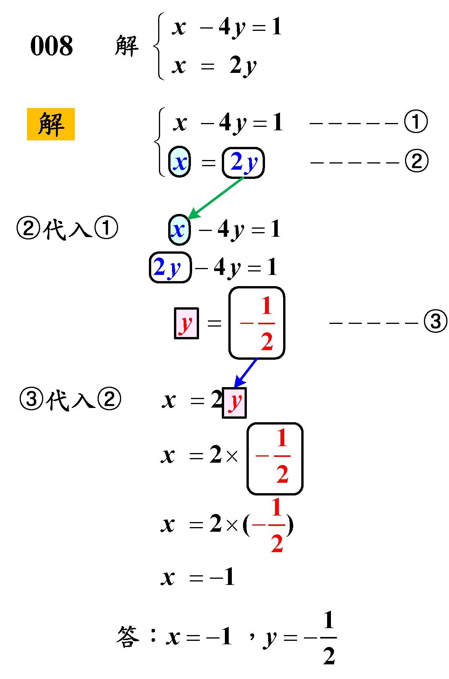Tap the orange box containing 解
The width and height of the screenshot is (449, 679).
pos(51,124)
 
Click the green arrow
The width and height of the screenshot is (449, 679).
pos(216,197)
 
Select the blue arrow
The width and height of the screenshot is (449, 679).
pos(245,372)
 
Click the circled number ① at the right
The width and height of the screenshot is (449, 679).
pos(416,122)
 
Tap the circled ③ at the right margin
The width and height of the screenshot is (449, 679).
pos(435,321)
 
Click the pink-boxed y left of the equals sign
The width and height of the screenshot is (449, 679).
pos(186,323)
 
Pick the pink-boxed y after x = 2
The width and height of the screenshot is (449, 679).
pos(234,403)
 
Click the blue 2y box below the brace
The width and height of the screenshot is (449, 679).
pos(243,162)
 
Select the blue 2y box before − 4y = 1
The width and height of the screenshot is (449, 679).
pos(170,267)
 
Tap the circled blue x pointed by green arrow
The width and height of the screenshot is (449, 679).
pos(179,230)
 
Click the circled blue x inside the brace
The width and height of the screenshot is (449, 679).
pos(180,162)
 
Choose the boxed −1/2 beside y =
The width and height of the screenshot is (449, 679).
pos(257,323)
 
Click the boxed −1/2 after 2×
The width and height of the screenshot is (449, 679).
pos(275,458)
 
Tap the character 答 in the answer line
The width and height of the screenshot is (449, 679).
pos(128,637)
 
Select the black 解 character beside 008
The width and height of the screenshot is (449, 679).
pos(127,46)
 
